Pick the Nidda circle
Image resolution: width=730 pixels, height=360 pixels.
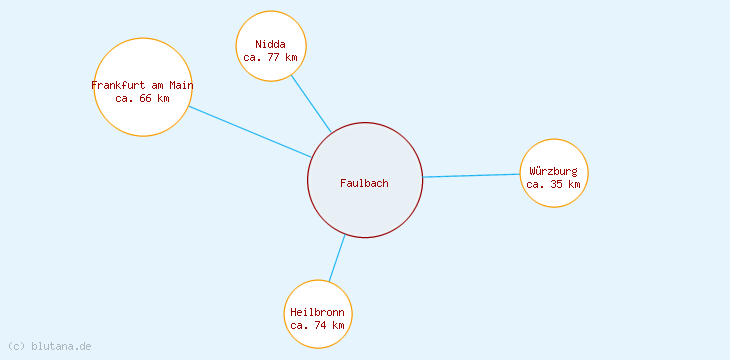pyautogui.click(x=271, y=27)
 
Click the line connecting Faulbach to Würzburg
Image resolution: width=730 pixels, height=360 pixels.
pyautogui.click(x=471, y=176)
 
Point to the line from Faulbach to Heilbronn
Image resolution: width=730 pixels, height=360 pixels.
pyautogui.click(x=337, y=258)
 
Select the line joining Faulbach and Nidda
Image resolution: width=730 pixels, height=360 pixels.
pyautogui.click(x=311, y=103)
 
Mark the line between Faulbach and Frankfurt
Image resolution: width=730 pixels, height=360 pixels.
pyautogui.click(x=250, y=132)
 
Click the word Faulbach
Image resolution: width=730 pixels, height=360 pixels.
pyautogui.click(x=364, y=182)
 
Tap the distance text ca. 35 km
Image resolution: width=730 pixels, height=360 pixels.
pyautogui.click(x=553, y=184)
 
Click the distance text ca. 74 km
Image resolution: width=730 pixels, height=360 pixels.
pyautogui.click(x=318, y=325)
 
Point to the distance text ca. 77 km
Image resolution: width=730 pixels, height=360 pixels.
pyautogui.click(x=270, y=57)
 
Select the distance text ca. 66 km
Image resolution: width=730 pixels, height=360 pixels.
pyautogui.click(x=142, y=98)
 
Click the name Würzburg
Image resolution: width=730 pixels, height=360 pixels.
pyautogui.click(x=554, y=171)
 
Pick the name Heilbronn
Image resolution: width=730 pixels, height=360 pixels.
pyautogui.click(x=317, y=312)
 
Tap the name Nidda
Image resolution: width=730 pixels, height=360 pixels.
pyautogui.click(x=270, y=44)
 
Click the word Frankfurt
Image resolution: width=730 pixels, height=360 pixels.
pyautogui.click(x=118, y=85)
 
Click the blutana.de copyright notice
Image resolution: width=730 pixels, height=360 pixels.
pyautogui.click(x=50, y=346)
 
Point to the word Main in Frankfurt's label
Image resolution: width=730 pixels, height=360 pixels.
pyautogui.click(x=181, y=85)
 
